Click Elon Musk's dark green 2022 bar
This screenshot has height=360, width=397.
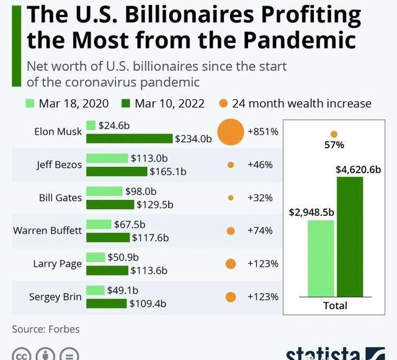coord(129,138)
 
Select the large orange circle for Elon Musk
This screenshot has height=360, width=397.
coord(230,132)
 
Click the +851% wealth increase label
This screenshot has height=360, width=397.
coord(263,132)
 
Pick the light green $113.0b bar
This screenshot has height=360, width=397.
coord(107,159)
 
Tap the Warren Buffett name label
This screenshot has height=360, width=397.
coord(48,231)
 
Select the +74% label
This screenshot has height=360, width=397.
coord(260,231)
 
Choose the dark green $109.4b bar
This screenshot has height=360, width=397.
coord(106,304)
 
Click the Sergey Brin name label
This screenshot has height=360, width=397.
coord(55,297)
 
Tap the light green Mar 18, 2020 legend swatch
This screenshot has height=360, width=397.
coord(30,104)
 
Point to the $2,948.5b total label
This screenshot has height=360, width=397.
coord(311,212)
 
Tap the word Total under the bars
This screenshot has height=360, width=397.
coord(335,305)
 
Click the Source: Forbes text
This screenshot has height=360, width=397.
coord(46,329)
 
